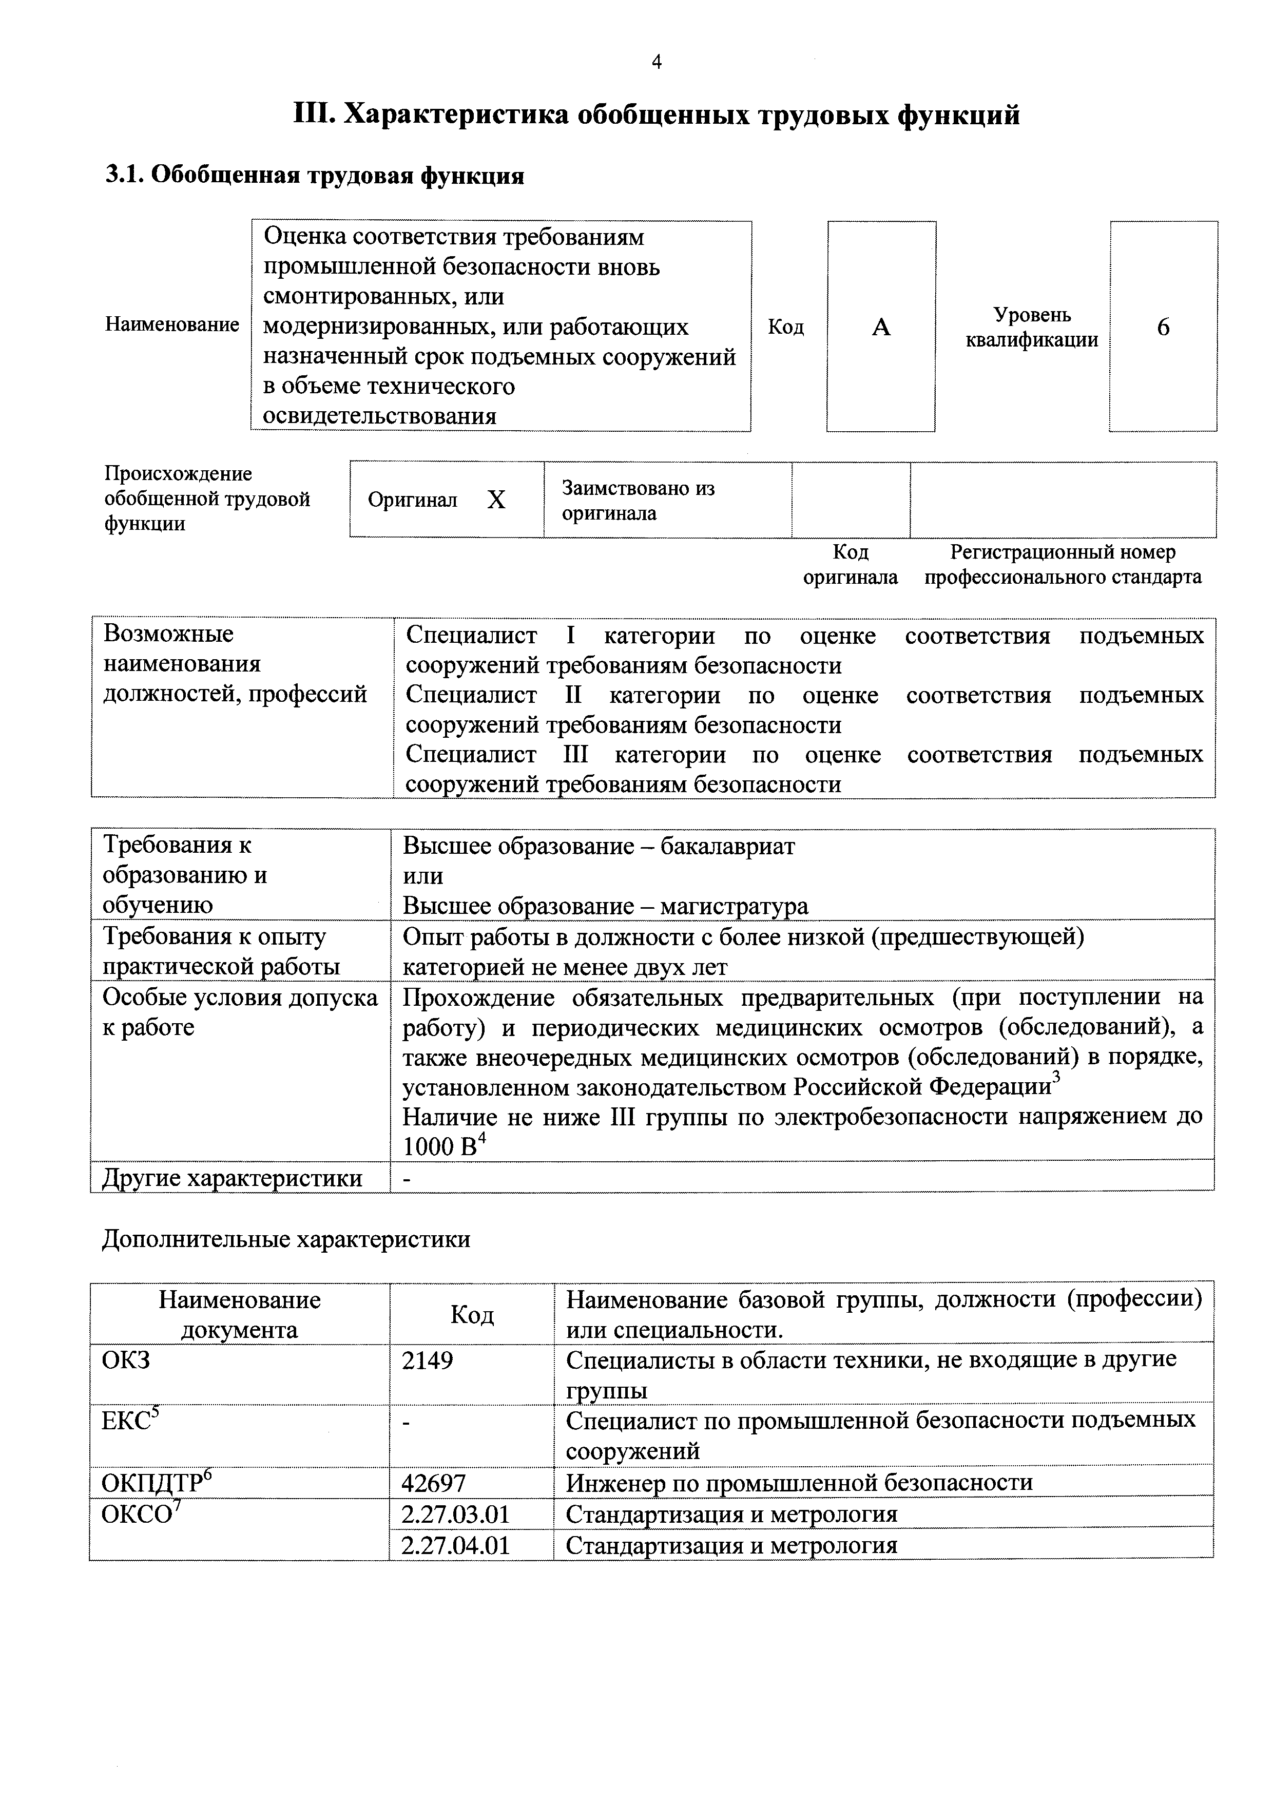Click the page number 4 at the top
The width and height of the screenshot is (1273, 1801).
(657, 62)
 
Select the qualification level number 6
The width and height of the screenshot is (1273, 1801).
(1163, 327)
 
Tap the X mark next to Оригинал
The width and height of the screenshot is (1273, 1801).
(496, 500)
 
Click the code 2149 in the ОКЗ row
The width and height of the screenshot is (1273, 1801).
(428, 1359)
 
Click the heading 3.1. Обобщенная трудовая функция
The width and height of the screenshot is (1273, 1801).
(315, 176)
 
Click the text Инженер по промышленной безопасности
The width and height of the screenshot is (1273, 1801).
(799, 1483)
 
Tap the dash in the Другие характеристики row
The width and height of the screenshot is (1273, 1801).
(407, 1178)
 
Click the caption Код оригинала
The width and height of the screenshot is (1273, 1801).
(850, 565)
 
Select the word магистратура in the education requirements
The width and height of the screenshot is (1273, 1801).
(734, 906)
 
